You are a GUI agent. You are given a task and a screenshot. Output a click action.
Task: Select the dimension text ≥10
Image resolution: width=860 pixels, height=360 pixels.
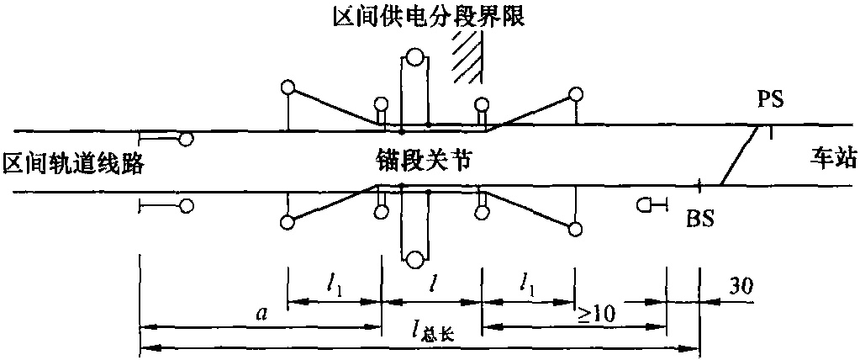point(598,313)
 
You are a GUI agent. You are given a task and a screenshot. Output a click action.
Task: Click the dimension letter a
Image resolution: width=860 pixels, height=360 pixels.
point(261,314)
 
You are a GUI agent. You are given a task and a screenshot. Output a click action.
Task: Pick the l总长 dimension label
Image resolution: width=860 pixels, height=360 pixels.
point(435,334)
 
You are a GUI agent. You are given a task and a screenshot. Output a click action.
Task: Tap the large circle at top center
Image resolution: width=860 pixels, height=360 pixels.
point(414,58)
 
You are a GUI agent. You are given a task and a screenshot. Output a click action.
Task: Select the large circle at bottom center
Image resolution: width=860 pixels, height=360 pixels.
point(414,258)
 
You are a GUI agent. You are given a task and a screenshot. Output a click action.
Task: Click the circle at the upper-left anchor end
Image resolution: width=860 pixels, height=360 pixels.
point(288,87)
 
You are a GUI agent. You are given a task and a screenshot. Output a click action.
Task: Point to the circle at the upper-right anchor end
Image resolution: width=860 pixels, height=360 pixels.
point(575,93)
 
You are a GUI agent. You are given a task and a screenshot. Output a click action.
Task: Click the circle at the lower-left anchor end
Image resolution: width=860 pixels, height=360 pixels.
point(288,223)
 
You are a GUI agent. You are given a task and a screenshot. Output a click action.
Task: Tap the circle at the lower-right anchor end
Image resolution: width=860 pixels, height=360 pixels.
point(575,229)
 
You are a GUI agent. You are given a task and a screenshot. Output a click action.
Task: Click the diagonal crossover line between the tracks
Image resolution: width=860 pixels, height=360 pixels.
point(741,156)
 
